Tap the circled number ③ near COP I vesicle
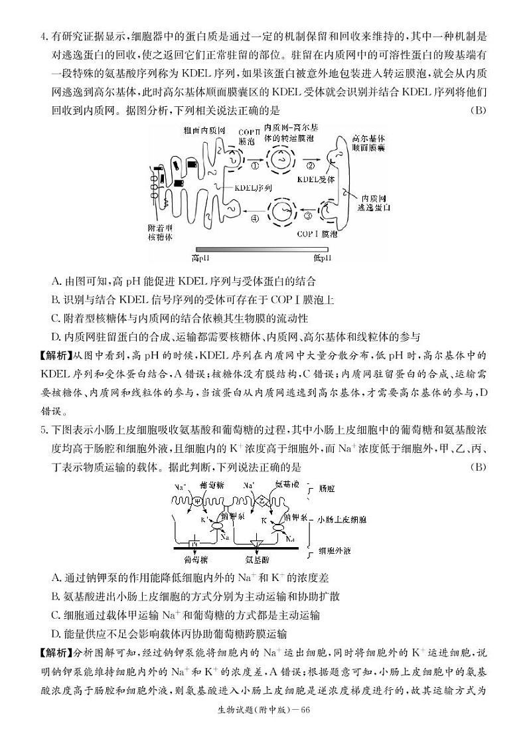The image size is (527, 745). [307, 215]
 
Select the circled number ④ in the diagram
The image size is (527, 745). [254, 215]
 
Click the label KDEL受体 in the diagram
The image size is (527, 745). [316, 179]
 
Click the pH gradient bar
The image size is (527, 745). [260, 248]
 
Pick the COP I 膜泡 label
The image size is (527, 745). [317, 234]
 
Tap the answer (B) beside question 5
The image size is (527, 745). [477, 467]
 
